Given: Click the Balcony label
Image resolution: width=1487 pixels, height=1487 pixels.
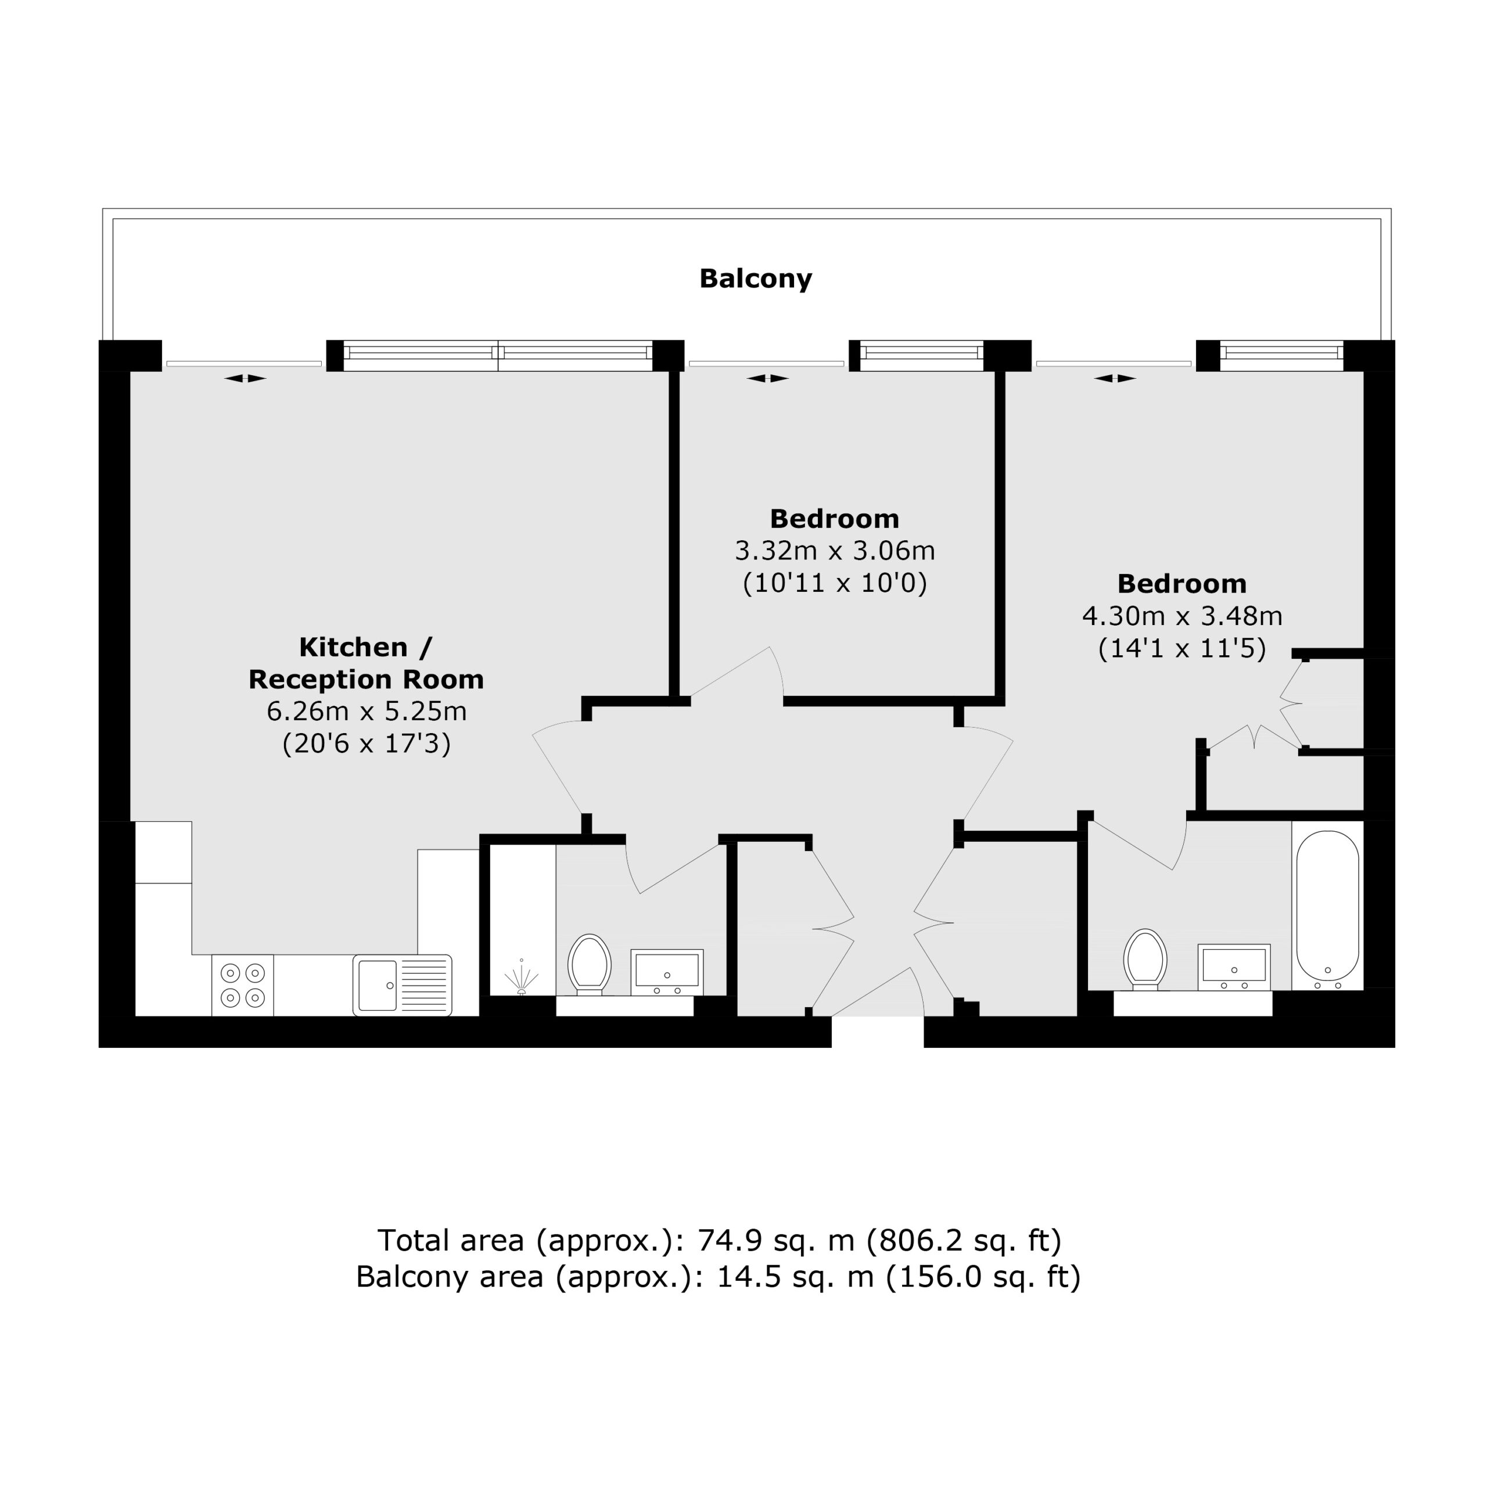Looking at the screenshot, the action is pos(755,279).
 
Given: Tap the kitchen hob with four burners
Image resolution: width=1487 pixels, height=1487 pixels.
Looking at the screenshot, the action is pos(242,986).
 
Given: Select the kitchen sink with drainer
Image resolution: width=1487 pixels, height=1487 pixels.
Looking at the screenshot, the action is pos(403,985).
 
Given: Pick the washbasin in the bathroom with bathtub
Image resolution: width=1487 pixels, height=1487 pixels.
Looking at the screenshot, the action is pos(1234,967).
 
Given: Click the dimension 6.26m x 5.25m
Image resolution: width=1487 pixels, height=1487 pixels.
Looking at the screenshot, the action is pos(367,711).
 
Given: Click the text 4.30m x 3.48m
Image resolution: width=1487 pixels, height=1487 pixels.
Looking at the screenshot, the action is pos(1182,616).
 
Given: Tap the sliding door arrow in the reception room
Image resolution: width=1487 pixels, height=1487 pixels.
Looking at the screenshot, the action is pos(246,378).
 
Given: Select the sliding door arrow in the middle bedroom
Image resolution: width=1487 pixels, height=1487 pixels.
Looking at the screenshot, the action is pos(768,378).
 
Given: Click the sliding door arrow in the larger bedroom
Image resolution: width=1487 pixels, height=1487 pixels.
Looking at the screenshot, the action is pos(1115,378).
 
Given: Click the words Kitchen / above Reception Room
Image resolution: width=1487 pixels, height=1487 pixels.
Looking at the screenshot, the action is pos(365,647).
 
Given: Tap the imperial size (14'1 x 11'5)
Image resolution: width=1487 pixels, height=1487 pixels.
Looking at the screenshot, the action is pos(1182,649).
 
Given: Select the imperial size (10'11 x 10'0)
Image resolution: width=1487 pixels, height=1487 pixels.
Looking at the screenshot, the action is pos(835,583).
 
